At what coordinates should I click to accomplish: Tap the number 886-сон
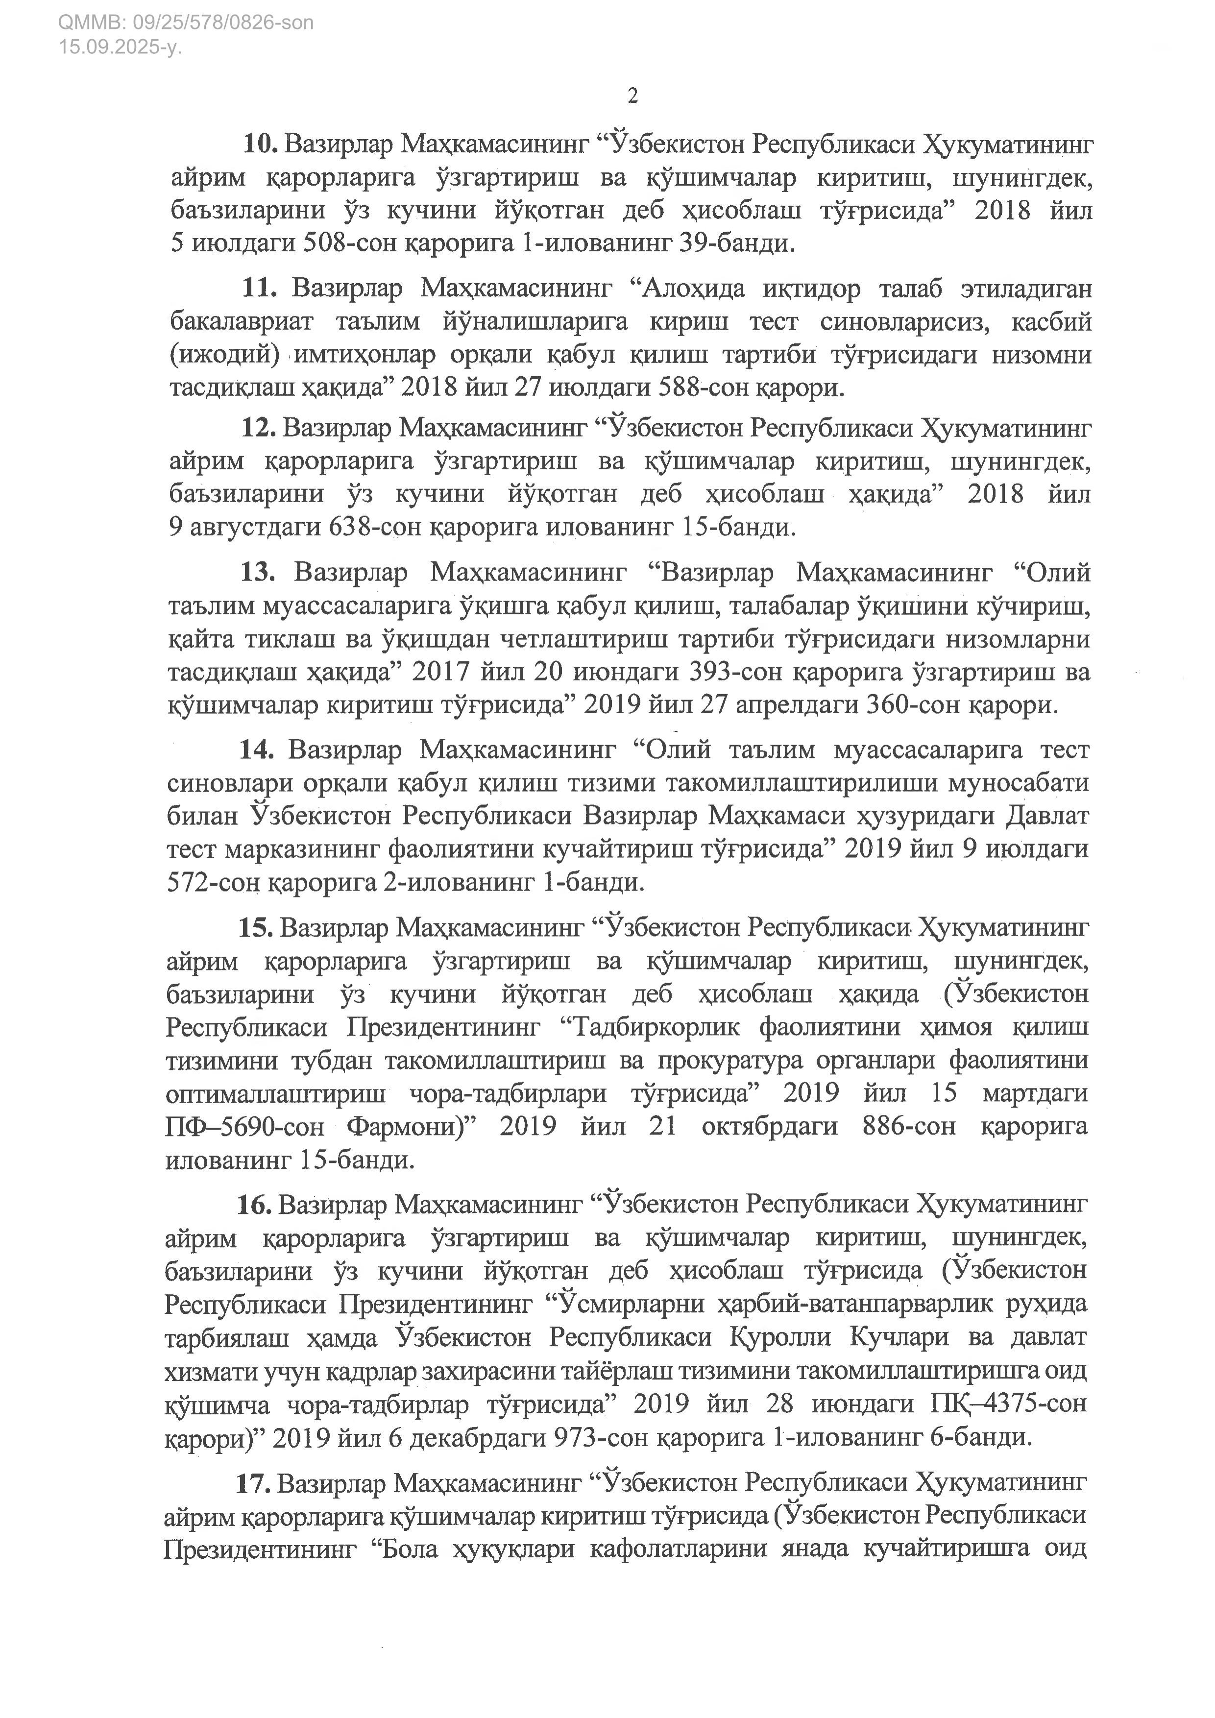tap(908, 1126)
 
